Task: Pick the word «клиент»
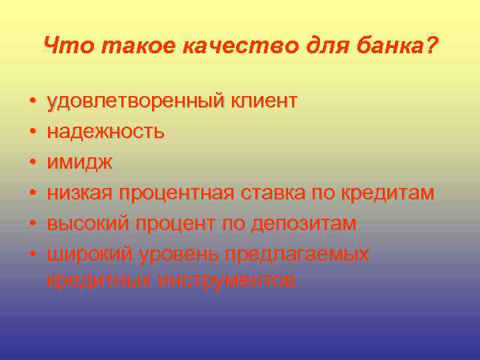coord(264,101)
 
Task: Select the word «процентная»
coord(177,194)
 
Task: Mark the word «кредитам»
coord(388,194)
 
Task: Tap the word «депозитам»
coord(304,224)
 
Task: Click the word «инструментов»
coord(227,281)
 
